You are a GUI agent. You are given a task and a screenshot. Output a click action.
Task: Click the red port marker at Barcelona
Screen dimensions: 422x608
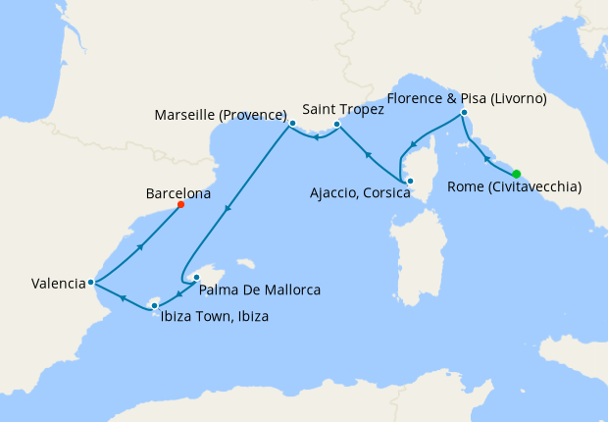pyautogui.click(x=181, y=205)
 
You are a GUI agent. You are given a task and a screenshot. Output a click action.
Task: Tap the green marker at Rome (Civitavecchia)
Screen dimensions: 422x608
pyautogui.click(x=517, y=174)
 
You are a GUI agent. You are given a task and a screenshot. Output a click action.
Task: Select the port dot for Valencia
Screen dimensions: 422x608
pyautogui.click(x=90, y=282)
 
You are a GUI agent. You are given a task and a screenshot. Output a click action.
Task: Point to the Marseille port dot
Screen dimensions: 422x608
pyautogui.click(x=291, y=123)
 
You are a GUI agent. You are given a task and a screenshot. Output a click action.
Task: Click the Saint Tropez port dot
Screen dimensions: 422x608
pyautogui.click(x=336, y=125)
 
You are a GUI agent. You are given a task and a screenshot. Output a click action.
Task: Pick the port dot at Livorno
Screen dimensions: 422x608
pyautogui.click(x=464, y=114)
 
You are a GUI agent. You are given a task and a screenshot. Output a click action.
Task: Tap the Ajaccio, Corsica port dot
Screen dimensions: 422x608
pyautogui.click(x=410, y=181)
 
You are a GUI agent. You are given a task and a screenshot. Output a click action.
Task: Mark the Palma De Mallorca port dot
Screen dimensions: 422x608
pyautogui.click(x=196, y=277)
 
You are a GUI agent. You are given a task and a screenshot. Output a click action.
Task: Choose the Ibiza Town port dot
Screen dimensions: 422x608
pyautogui.click(x=154, y=306)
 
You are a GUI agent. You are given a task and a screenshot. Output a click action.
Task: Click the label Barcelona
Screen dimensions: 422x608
pyautogui.click(x=177, y=193)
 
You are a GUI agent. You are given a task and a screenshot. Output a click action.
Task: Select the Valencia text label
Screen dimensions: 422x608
pyautogui.click(x=58, y=284)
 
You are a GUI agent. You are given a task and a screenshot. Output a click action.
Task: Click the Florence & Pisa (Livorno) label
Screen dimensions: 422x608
pyautogui.click(x=467, y=98)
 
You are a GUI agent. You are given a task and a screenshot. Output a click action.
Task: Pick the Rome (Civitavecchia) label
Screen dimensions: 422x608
pyautogui.click(x=514, y=187)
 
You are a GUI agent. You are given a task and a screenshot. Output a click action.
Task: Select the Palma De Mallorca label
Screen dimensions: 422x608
pyautogui.click(x=259, y=290)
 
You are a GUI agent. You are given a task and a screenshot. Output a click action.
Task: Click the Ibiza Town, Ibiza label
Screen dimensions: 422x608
pyautogui.click(x=214, y=316)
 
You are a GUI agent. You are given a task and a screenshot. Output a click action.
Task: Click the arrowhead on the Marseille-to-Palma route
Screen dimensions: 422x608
pyautogui.click(x=228, y=207)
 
